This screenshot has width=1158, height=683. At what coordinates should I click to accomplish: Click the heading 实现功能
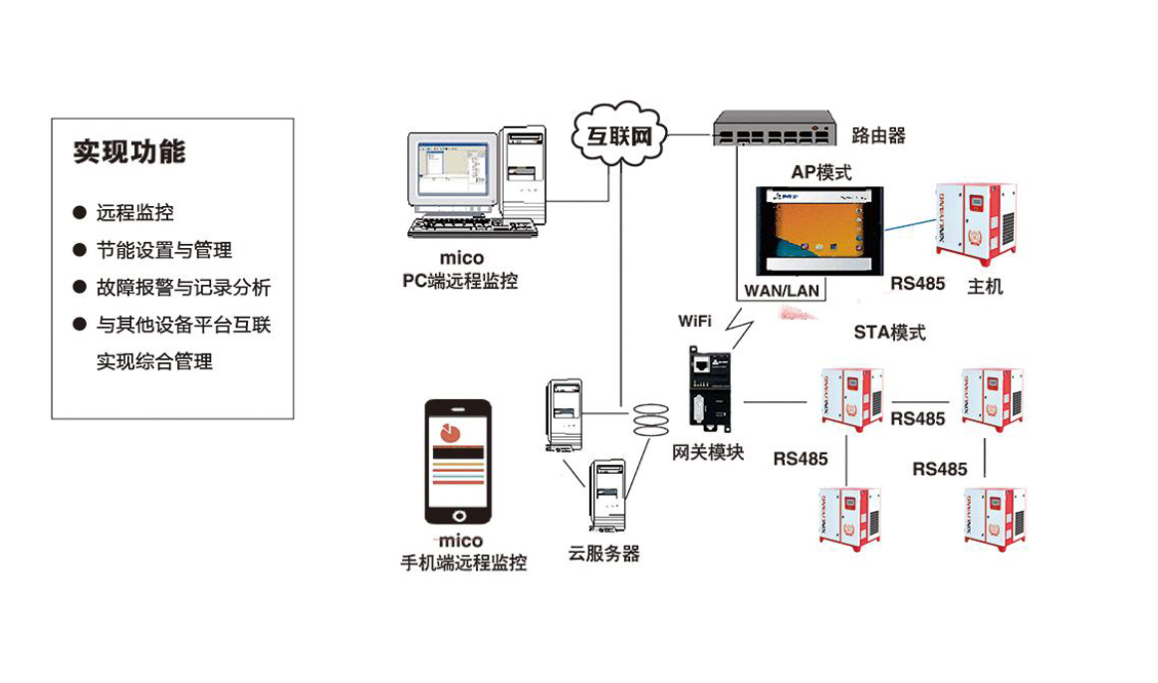pos(129,151)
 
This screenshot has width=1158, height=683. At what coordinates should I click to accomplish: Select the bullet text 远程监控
pos(134,212)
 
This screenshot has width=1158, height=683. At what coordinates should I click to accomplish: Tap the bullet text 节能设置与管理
pos(163,250)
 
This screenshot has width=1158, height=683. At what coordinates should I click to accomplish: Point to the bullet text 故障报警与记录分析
pos(182,288)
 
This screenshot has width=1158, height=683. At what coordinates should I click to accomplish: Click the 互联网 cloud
pos(618,135)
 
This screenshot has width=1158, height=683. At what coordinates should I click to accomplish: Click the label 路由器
pos(878,135)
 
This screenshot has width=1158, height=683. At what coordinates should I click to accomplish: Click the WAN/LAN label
pos(782,290)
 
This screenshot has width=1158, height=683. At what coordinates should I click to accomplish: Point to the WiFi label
pos(695,321)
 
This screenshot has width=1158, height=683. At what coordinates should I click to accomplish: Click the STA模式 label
pos(889,332)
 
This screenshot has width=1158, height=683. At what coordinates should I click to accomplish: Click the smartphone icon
pos(457,462)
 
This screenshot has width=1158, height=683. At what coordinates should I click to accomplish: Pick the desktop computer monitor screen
pos(449,169)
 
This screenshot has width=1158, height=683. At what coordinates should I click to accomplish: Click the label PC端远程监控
pos(460,281)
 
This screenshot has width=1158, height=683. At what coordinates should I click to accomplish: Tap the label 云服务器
pos(604,554)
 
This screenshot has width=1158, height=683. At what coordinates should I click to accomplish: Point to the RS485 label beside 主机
pos(917,284)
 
